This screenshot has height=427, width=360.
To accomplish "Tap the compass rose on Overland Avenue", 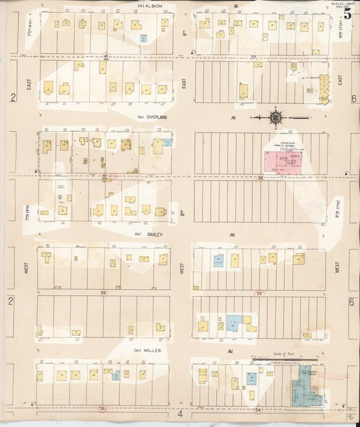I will [276, 118].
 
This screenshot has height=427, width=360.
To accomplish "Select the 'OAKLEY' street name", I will [154, 235].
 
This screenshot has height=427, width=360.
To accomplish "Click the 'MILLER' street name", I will [153, 351].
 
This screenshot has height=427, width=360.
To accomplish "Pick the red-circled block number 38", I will [102, 408].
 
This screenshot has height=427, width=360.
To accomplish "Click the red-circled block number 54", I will [257, 409].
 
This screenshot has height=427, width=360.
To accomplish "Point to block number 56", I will [259, 176].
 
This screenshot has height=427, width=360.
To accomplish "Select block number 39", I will [103, 293].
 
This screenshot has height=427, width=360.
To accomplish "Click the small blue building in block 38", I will [116, 375].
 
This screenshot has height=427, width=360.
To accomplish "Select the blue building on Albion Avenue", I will [143, 39].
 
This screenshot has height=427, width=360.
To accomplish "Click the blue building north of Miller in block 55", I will [234, 322].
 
